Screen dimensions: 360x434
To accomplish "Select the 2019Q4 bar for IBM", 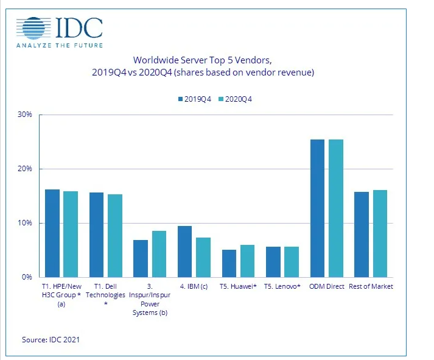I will (x=184, y=252).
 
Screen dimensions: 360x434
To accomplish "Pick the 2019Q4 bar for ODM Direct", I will (x=317, y=208).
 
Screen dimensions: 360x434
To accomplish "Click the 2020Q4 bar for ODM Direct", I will (x=335, y=208).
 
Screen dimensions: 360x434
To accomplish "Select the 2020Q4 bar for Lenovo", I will (x=291, y=262).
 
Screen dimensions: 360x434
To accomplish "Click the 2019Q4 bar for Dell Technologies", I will (x=96, y=235).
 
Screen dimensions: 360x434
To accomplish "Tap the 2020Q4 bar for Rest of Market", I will (x=380, y=233).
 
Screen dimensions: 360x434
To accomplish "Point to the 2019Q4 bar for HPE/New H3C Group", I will (x=52, y=233).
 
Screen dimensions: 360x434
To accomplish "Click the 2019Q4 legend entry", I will (x=194, y=99).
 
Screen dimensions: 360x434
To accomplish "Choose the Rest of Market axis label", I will (x=373, y=286).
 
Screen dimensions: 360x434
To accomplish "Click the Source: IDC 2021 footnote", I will (x=51, y=340).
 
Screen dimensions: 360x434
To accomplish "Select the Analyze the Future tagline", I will (x=59, y=45).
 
